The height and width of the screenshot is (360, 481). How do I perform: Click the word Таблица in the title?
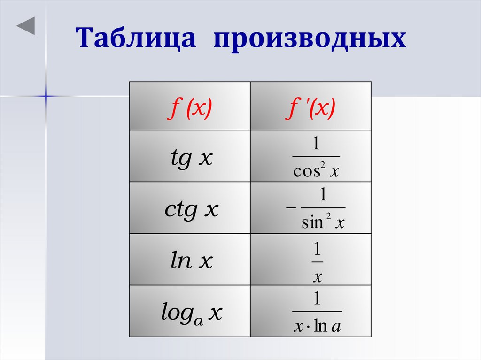coord(136,38)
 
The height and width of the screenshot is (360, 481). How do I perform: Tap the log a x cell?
coord(190,312)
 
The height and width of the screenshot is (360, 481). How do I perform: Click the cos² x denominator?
coord(316,172)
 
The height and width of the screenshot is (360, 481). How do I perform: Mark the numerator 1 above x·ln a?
coord(317,299)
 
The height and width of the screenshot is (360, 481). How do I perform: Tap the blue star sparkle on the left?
coord(46,96)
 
